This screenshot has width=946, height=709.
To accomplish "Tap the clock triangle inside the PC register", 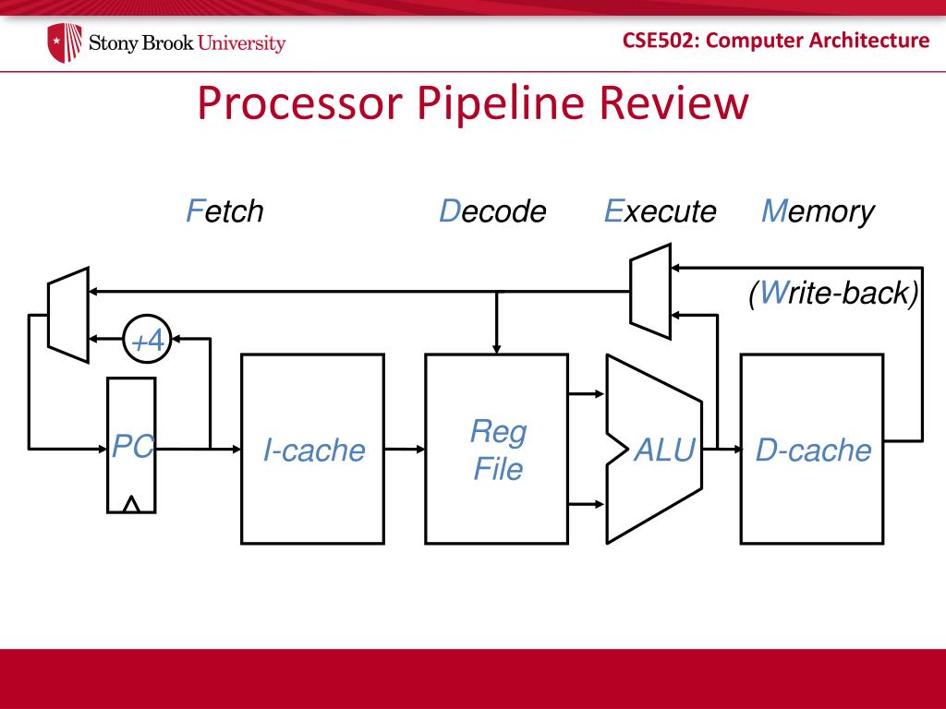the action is (131, 504).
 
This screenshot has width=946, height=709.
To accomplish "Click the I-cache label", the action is (314, 451).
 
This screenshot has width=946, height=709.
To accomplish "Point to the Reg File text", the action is (498, 450).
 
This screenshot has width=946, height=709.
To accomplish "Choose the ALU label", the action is (664, 450).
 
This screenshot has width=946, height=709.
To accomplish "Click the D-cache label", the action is (813, 451).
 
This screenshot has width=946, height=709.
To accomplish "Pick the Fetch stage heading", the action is (224, 211).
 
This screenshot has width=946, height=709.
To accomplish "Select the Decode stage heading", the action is (492, 211).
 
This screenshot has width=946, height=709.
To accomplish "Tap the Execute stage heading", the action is (660, 211).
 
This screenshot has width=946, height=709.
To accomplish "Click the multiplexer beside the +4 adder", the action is (68, 316).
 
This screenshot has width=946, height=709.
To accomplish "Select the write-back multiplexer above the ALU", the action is (650, 291).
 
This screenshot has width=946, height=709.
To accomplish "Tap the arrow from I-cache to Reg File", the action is (405, 450).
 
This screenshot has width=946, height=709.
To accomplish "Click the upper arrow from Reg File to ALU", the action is (587, 394).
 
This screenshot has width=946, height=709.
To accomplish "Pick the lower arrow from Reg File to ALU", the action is (587, 504).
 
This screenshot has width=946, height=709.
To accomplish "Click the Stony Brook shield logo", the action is (65, 42).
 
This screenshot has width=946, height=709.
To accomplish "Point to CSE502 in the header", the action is (660, 41).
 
